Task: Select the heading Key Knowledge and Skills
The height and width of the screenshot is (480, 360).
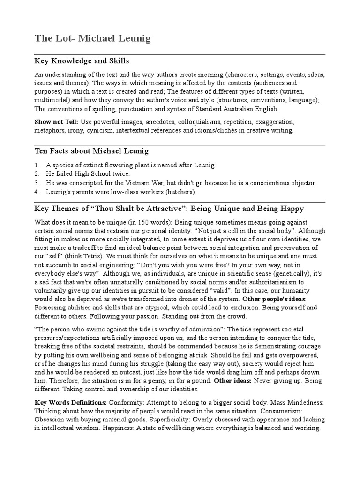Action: pos(82,61)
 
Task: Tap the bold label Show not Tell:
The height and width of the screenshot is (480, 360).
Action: pos(56,122)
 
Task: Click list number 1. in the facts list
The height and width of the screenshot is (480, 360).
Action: pos(37,165)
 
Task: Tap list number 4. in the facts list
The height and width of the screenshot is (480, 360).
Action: pos(37,192)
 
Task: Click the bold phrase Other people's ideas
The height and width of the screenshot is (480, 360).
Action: pos(274,299)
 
